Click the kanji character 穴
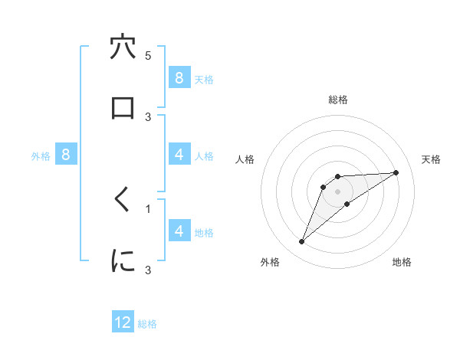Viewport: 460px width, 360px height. click(x=123, y=47)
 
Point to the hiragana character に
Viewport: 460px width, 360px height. click(x=123, y=261)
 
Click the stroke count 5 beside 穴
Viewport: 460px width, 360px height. click(x=148, y=56)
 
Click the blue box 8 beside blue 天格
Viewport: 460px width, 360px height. click(x=179, y=77)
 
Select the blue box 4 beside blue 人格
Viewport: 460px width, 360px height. click(x=179, y=155)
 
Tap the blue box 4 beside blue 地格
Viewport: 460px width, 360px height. click(x=179, y=231)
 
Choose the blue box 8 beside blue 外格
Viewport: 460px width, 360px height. click(x=66, y=155)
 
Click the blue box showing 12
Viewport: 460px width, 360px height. click(x=123, y=322)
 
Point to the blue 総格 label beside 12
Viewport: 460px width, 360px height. click(x=147, y=324)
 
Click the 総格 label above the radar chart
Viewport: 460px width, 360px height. click(x=338, y=100)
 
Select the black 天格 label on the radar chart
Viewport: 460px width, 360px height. click(x=432, y=159)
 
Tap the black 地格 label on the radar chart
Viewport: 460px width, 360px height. click(x=402, y=262)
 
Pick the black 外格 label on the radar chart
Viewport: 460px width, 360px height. click(x=270, y=262)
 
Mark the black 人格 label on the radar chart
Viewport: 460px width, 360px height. click(x=246, y=159)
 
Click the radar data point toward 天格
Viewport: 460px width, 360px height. click(x=396, y=172)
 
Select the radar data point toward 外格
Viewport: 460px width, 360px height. click(x=302, y=242)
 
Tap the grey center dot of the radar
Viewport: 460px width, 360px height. click(x=338, y=191)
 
